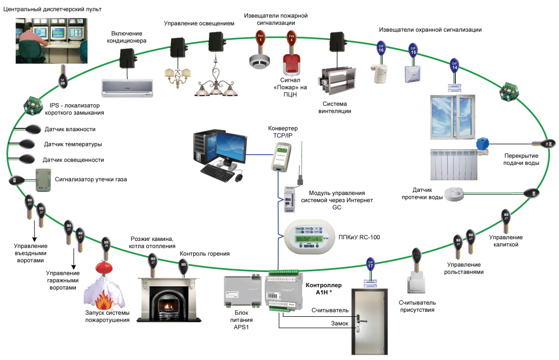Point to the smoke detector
[x=258, y=62]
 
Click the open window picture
[x=455, y=117]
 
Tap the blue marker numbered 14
[x=454, y=66]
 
